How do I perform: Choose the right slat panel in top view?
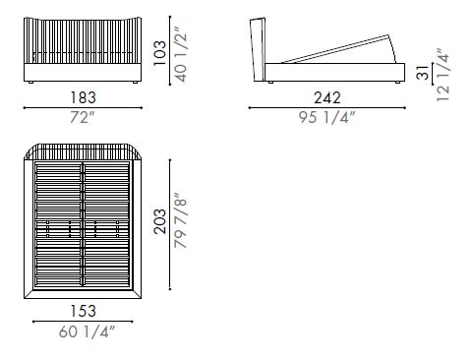(x=107, y=226)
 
